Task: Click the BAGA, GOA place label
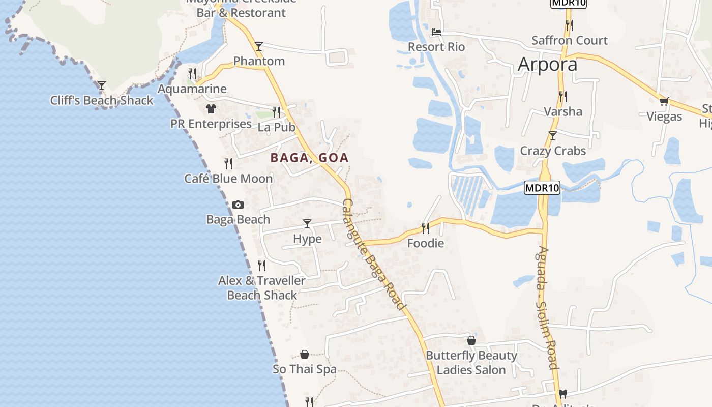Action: click(x=309, y=158)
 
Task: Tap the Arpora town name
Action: click(x=547, y=65)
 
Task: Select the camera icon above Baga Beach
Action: click(x=238, y=205)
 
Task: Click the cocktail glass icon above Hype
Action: click(x=307, y=224)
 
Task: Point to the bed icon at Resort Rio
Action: click(x=436, y=32)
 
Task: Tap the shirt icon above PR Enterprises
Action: click(x=211, y=108)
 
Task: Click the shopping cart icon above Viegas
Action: click(x=664, y=101)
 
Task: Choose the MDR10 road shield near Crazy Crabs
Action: click(x=542, y=188)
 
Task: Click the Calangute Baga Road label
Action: click(x=374, y=254)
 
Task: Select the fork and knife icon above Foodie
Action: click(x=426, y=228)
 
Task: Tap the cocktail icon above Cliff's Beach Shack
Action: click(x=102, y=85)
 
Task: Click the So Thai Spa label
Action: click(x=304, y=369)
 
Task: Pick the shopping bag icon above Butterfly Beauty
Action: click(x=471, y=340)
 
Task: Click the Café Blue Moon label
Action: click(x=228, y=179)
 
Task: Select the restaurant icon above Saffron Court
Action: click(x=570, y=24)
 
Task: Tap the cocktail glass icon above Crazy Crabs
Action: click(x=553, y=136)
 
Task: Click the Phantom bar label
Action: click(x=259, y=61)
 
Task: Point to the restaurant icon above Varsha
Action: click(x=562, y=96)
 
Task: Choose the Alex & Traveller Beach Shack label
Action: click(x=262, y=287)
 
